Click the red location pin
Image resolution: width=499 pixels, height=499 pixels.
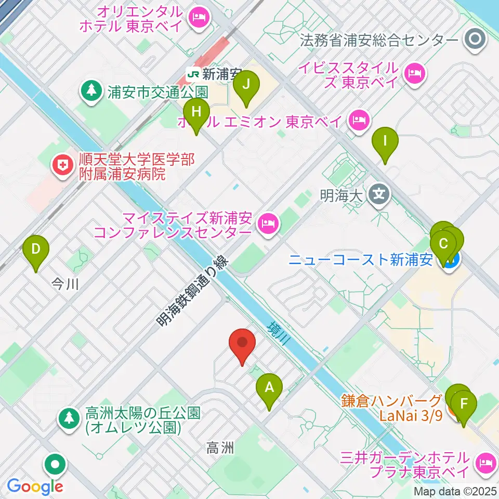(242, 344)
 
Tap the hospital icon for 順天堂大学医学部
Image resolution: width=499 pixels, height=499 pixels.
(61, 166)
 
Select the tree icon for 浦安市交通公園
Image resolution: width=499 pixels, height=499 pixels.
(92, 91)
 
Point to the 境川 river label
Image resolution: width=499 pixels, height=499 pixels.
(278, 335)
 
